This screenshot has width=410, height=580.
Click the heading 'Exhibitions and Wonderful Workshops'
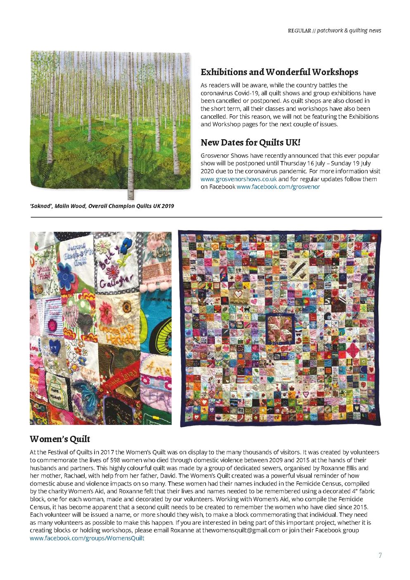pyautogui.click(x=279, y=72)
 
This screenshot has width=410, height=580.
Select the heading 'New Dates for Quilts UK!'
pyautogui.click(x=250, y=143)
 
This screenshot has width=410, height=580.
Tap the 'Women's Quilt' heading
pyautogui.click(x=60, y=439)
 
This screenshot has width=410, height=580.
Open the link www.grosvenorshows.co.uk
pyautogui.click(x=238, y=179)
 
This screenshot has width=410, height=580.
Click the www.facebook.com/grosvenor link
pyautogui.click(x=278, y=187)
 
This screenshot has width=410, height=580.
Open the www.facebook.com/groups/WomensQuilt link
pyautogui.click(x=87, y=538)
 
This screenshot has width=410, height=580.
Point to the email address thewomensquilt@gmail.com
pyautogui.click(x=241, y=530)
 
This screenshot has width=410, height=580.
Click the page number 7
pyautogui.click(x=380, y=555)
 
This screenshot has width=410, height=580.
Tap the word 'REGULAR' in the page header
pyautogui.click(x=299, y=31)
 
